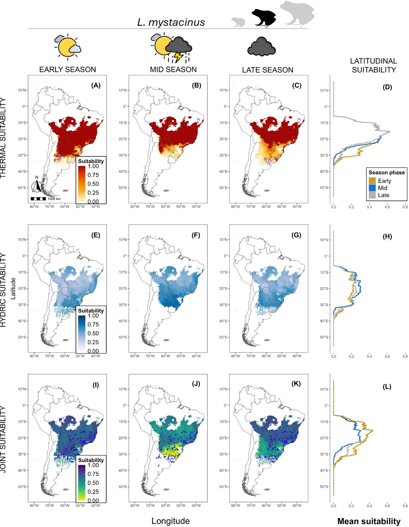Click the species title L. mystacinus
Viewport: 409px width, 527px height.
pos(171,22)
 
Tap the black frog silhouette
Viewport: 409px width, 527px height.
pos(263,18)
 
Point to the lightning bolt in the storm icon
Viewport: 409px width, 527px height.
pos(178,57)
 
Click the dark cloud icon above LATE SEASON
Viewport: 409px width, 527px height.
pos(261,47)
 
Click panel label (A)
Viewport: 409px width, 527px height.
pos(96,85)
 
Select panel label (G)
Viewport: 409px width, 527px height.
pos(296,235)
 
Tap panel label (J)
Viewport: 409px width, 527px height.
pos(196,384)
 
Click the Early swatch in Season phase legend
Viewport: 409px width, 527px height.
pos(372,181)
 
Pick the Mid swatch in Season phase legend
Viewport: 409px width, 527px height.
pos(372,188)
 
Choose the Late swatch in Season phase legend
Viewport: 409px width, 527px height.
pos(372,195)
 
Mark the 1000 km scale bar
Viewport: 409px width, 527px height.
pos(38,199)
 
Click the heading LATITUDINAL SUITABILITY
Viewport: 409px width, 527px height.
pos(374,65)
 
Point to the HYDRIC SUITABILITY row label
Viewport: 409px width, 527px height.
pos(3,290)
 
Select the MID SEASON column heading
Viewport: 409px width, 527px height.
pos(173,70)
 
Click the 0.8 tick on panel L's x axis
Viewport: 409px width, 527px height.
pos(405,506)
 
